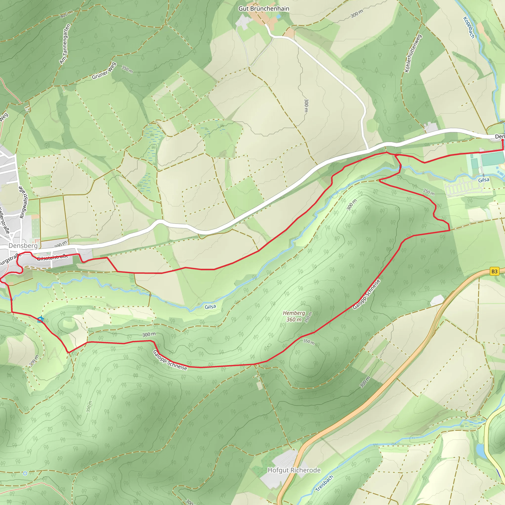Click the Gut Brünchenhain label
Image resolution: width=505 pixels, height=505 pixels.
(x=264, y=9)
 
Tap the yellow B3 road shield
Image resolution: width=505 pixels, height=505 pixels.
(x=494, y=271)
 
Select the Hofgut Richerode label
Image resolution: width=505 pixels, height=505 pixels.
(x=294, y=470)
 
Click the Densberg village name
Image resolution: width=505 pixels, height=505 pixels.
(x=23, y=246)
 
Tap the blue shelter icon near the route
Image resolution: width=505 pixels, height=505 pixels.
(x=40, y=319)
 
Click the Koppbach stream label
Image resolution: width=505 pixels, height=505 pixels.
(x=469, y=27)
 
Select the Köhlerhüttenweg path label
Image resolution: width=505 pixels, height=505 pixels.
(x=413, y=53)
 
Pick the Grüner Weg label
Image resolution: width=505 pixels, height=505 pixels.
(x=104, y=71)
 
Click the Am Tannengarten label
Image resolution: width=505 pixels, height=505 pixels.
(x=65, y=44)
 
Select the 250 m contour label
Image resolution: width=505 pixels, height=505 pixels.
(x=429, y=192)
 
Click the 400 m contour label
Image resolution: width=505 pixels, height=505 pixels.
(x=66, y=14)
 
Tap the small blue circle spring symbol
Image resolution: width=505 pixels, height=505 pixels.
(x=25, y=473)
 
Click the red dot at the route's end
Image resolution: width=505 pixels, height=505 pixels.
(x=502, y=140)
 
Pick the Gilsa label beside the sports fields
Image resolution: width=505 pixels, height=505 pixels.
(x=484, y=180)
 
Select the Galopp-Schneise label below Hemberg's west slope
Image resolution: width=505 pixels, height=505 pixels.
(x=170, y=360)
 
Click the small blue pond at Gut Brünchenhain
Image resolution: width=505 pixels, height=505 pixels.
(x=278, y=17)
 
